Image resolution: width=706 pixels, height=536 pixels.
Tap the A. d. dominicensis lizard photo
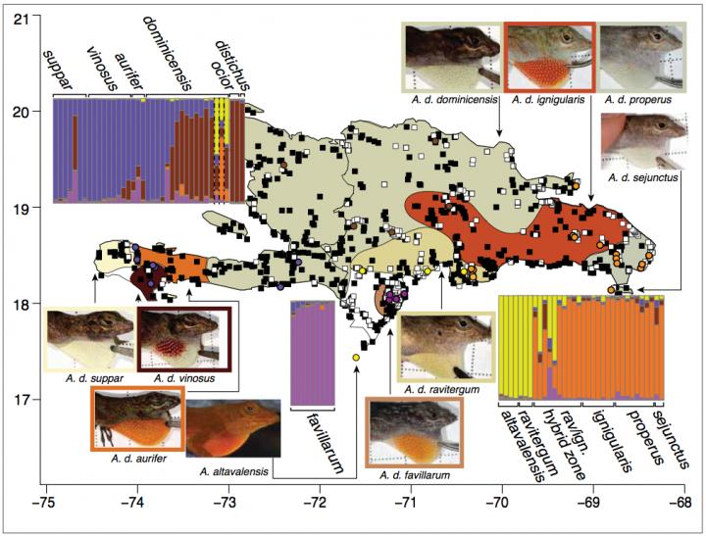click(451, 57)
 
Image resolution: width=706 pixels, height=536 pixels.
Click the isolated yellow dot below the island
click(355, 360)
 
